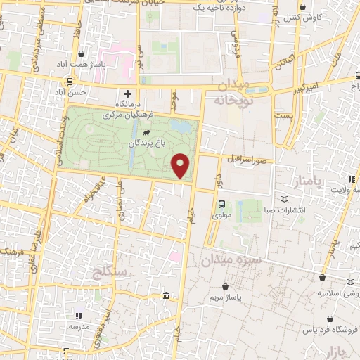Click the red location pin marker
[x=181, y=165]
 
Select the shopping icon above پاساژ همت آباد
[x=82, y=53]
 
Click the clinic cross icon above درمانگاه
[x=127, y=93]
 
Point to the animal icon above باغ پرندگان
[x=146, y=132]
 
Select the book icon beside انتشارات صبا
[x=283, y=200]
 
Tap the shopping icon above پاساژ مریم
[x=225, y=287]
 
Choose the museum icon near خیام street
[x=165, y=295]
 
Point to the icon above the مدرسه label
[x=79, y=316]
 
